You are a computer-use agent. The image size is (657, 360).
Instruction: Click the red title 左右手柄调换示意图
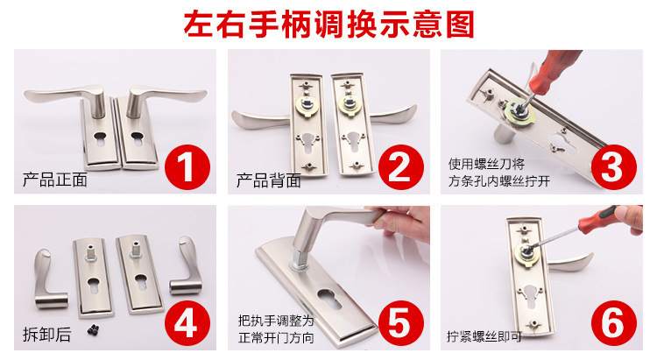[328, 25]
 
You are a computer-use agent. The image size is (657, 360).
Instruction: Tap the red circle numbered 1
[187, 167]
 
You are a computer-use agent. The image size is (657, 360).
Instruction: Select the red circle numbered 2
[401, 167]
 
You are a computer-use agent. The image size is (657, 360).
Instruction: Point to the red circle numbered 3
[613, 167]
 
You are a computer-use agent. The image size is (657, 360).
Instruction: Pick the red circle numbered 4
[187, 323]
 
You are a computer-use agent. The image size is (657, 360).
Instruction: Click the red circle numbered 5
[401, 323]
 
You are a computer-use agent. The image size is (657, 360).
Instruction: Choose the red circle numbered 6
[613, 323]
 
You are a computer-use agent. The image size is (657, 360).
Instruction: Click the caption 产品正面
[55, 180]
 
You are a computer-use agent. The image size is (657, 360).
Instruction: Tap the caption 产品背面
[269, 180]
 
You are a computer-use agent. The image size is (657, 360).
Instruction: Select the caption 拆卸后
[47, 335]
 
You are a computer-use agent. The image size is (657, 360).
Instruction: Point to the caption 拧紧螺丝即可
[484, 336]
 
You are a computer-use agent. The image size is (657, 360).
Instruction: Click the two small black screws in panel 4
[94, 330]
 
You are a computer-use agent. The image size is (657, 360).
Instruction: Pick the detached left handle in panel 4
[49, 279]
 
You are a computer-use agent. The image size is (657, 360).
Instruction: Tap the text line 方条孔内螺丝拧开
[499, 181]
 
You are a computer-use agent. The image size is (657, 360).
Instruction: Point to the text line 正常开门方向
[276, 337]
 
